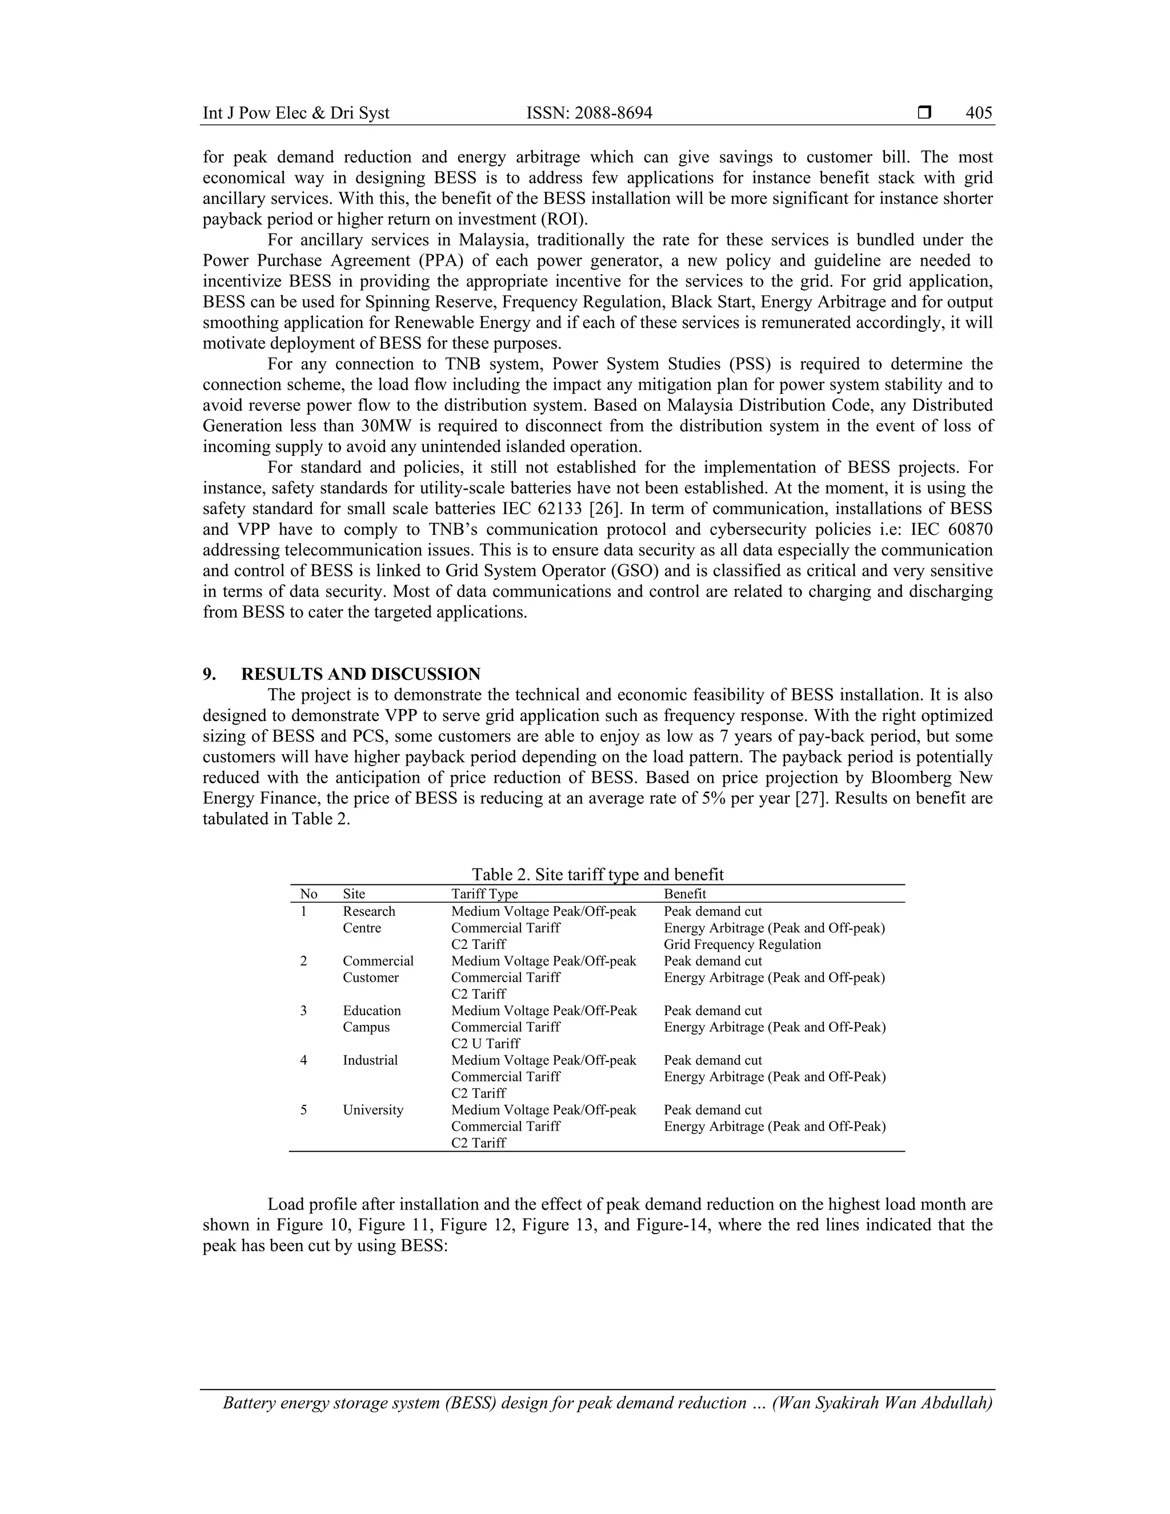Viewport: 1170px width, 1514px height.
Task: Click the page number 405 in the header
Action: pos(979,113)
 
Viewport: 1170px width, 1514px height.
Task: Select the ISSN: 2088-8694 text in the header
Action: pos(589,113)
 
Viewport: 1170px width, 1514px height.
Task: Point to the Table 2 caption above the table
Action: pos(598,874)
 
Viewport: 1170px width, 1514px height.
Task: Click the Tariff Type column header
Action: pos(484,894)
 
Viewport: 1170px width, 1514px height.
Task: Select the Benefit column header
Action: pos(685,894)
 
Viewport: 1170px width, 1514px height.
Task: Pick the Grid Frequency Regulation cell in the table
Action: pos(742,944)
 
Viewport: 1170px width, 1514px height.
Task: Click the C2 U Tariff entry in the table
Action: pos(485,1043)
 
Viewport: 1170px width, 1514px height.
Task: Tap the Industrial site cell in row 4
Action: pos(370,1060)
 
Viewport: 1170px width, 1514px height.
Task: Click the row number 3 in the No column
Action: pos(303,1011)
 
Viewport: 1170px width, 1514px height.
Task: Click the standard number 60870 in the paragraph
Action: pos(969,530)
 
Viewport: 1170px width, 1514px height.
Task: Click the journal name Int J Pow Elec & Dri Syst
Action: pos(296,113)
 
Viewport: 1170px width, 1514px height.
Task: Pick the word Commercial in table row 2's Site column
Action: pos(378,961)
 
